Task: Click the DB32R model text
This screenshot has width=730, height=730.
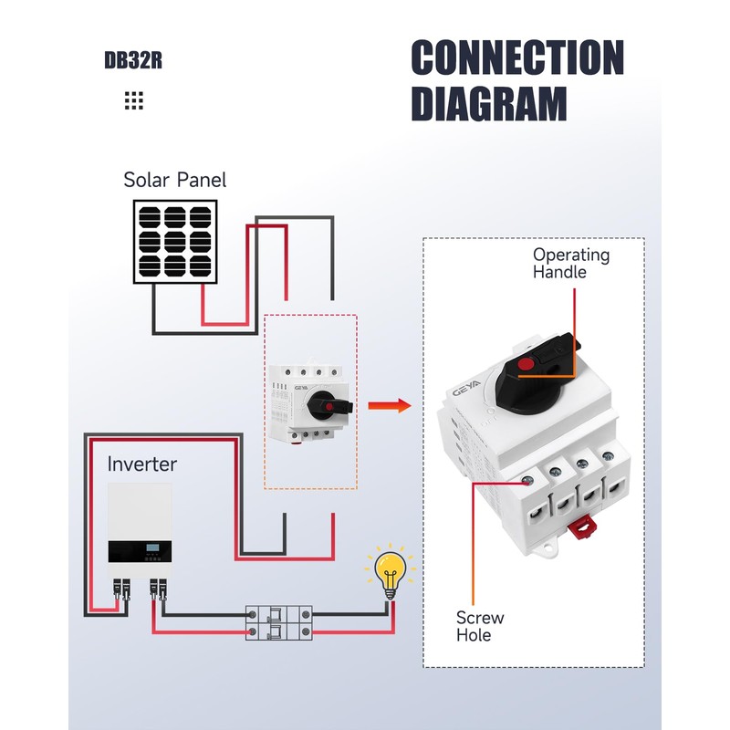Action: tap(133, 62)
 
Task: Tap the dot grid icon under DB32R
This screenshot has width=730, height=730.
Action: tap(134, 100)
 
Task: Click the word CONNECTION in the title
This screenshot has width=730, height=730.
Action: tap(516, 58)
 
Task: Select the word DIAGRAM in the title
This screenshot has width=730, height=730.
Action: tap(488, 103)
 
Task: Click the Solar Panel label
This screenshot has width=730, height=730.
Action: tap(174, 180)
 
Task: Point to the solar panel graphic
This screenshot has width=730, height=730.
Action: tap(177, 242)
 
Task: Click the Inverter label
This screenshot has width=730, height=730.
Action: tap(141, 464)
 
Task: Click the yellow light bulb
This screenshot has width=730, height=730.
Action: tap(390, 573)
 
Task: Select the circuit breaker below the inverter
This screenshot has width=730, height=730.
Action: tap(278, 622)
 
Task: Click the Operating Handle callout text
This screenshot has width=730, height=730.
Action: tap(571, 263)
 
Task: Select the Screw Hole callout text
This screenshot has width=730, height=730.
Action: tap(480, 626)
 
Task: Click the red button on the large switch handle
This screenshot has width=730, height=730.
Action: tap(524, 366)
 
